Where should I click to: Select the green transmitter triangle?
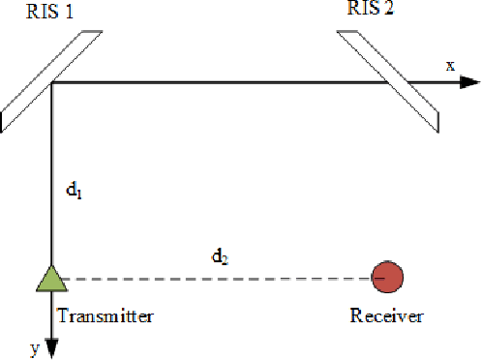[x=50, y=279]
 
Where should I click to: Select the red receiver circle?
[x=388, y=278]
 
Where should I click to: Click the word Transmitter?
[x=105, y=315]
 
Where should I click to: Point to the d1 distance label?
[x=74, y=192]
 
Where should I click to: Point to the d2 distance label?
[x=222, y=257]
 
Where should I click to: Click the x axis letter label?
[x=449, y=65]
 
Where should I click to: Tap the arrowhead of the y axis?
[x=50, y=348]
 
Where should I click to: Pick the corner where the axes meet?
[x=50, y=83]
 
